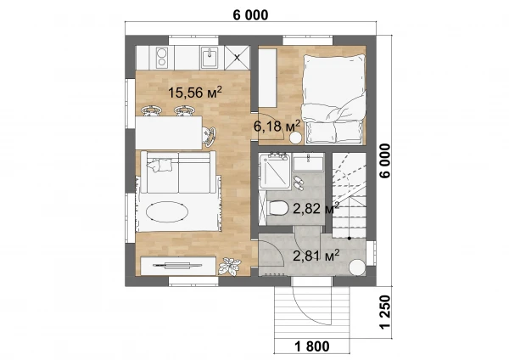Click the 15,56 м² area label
click(x=195, y=93)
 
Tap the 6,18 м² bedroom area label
click(x=277, y=126)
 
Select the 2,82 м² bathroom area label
click(x=316, y=208)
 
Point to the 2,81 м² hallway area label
click(x=316, y=256)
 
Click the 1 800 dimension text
click(x=312, y=346)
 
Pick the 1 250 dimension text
click(x=385, y=312)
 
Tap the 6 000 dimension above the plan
click(x=250, y=15)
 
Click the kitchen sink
click(x=210, y=58)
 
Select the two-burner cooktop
click(x=162, y=58)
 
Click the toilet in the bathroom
click(x=277, y=208)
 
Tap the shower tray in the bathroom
click(x=274, y=172)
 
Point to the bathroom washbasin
click(x=308, y=163)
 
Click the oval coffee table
click(x=167, y=212)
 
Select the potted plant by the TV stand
click(x=230, y=266)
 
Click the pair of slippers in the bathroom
click(x=299, y=183)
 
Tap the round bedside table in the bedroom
click(x=296, y=138)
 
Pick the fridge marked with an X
click(x=238, y=58)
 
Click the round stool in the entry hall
click(x=357, y=267)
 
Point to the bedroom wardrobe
click(x=267, y=78)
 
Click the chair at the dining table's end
click(x=209, y=135)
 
